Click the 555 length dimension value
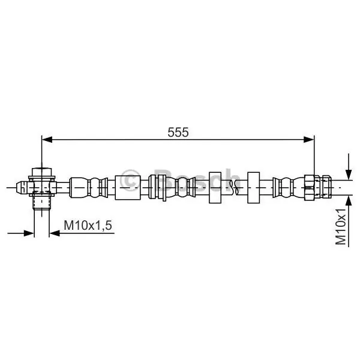(178, 132)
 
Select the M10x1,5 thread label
(88, 225)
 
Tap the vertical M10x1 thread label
(341, 227)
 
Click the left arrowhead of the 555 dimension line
(47, 139)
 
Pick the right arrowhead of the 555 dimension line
(309, 139)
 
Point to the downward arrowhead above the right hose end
(349, 174)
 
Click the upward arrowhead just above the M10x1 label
(349, 202)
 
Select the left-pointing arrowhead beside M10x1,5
(55, 233)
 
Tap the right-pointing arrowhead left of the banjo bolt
(29, 233)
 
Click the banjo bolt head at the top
(41, 172)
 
